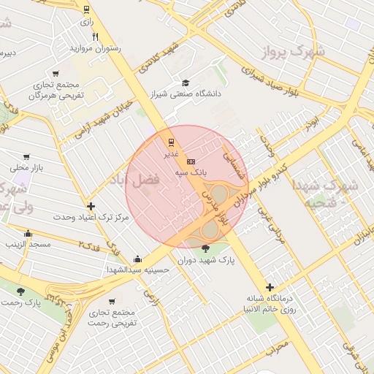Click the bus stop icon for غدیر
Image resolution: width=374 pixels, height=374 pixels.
171,142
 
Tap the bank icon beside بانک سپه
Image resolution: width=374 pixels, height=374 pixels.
191,161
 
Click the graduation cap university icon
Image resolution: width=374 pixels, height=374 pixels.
186,83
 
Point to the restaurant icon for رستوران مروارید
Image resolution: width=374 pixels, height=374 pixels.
95,37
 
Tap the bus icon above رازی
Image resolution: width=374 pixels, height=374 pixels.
87,10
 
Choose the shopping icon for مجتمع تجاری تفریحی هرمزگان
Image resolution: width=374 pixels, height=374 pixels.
56,74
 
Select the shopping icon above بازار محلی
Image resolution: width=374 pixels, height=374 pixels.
27,156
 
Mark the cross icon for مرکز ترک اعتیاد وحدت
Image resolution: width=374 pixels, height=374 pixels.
91,206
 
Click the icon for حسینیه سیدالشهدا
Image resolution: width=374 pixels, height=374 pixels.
137,259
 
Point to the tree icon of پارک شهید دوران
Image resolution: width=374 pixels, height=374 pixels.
204,248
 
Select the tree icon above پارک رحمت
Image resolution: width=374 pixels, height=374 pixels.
20,291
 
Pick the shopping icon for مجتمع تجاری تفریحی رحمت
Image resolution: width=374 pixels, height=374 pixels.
111,301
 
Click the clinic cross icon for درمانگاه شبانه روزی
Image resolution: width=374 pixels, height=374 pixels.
270,287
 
